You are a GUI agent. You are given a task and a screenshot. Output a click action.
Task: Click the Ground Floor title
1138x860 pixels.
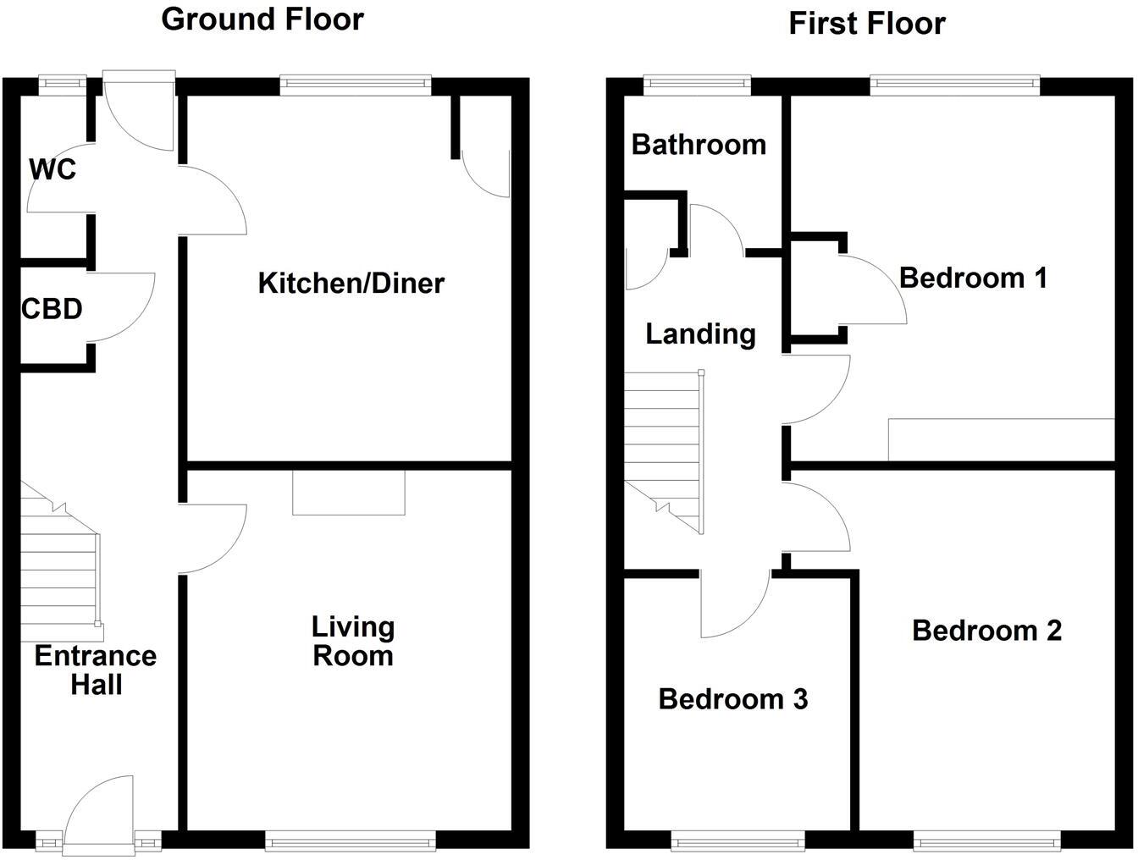(262, 19)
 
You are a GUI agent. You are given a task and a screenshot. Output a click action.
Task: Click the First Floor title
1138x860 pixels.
(866, 23)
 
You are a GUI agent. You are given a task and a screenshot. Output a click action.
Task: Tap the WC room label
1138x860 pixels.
(52, 169)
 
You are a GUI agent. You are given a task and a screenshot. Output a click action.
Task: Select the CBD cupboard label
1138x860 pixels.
(52, 309)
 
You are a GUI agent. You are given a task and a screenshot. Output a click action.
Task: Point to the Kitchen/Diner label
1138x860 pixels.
(351, 283)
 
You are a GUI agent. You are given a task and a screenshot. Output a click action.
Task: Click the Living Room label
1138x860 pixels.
(352, 641)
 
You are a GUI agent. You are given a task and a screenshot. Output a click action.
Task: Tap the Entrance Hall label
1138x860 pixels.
(96, 670)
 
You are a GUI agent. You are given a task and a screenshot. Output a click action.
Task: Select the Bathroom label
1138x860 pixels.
(699, 145)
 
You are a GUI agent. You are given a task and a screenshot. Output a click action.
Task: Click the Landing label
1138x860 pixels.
(700, 334)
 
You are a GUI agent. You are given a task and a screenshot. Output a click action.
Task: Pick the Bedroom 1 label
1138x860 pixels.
(973, 278)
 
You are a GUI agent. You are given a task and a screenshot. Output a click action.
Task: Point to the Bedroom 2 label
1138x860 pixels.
(986, 631)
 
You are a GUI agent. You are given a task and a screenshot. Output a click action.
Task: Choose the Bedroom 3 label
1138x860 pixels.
(732, 699)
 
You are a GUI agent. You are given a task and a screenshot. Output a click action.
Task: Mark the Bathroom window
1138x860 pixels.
(697, 83)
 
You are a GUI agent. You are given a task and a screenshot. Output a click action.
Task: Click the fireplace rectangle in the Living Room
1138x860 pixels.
(349, 493)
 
